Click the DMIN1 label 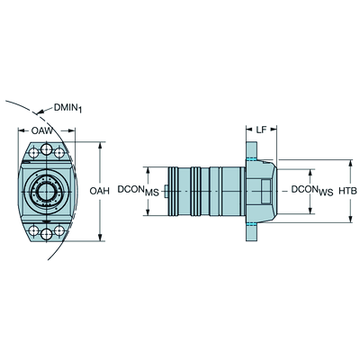pyautogui.click(x=67, y=108)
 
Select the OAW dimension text pyautogui.click(x=41, y=130)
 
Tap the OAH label pyautogui.click(x=100, y=191)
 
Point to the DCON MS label pyautogui.click(x=139, y=191)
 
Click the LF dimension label pyautogui.click(x=261, y=130)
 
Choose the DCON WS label pyautogui.click(x=312, y=191)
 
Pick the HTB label pyautogui.click(x=348, y=191)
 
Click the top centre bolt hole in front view pyautogui.click(x=47, y=148)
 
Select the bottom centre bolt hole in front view pyautogui.click(x=47, y=234)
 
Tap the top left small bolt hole pyautogui.click(x=34, y=152)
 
